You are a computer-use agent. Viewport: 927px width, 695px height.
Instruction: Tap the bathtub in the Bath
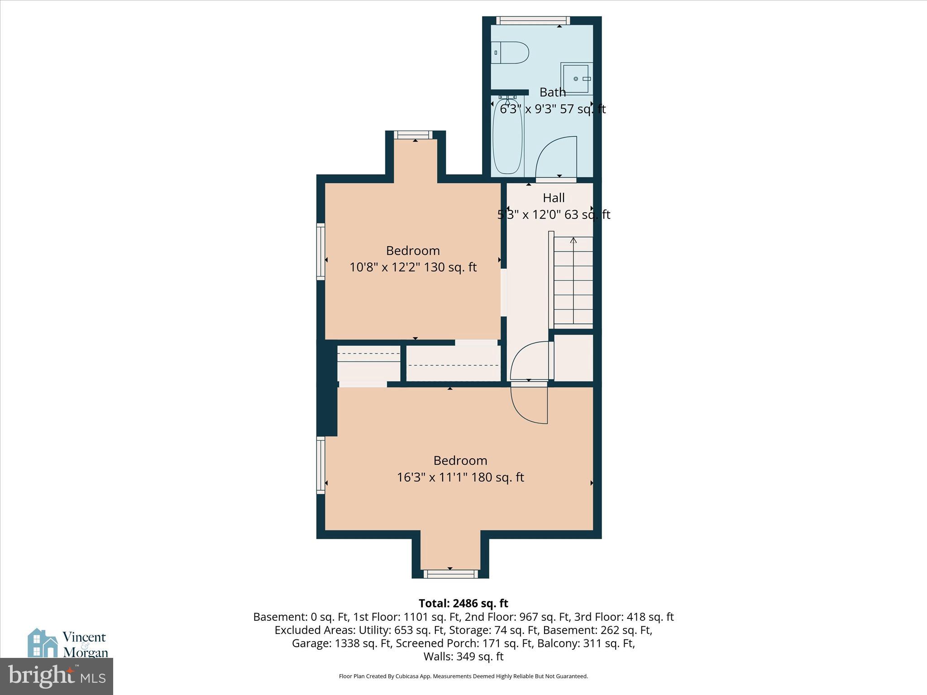[507, 137]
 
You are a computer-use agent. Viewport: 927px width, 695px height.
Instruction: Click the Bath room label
[552, 92]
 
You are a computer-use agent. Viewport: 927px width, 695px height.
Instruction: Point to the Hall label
[554, 198]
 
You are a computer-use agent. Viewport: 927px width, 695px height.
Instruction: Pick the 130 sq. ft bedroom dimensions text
[412, 267]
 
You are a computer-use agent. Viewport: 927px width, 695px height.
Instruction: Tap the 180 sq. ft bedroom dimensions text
[460, 477]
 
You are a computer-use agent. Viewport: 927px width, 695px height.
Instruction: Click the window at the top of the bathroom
[533, 20]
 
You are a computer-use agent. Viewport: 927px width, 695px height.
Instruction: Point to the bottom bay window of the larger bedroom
[450, 574]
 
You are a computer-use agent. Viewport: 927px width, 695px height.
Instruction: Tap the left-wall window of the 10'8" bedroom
[320, 251]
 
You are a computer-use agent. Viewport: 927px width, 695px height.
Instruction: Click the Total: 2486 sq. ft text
[463, 603]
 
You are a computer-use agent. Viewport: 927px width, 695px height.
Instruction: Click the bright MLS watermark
[57, 676]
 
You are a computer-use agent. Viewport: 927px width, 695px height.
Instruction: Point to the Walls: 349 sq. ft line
[463, 656]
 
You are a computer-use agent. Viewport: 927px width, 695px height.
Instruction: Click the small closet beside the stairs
[573, 358]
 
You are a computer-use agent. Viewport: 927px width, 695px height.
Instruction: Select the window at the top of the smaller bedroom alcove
[412, 134]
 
